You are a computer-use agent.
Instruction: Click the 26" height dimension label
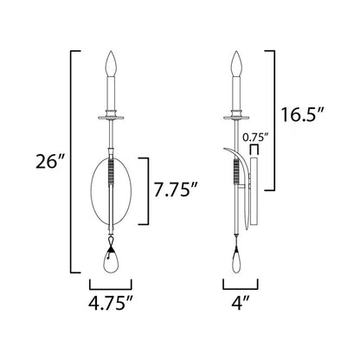coord(49,162)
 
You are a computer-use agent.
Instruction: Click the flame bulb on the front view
coord(111,64)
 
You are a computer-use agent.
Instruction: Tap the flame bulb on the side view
coord(236,64)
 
